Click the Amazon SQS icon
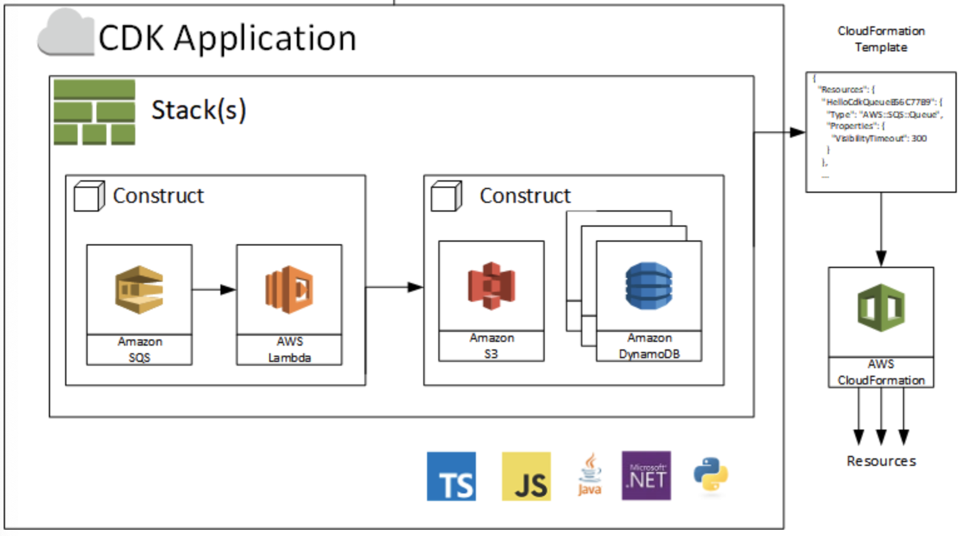(x=139, y=289)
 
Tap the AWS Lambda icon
(x=289, y=289)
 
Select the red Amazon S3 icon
(x=492, y=286)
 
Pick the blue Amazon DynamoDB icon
(x=649, y=286)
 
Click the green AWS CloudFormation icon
(x=881, y=307)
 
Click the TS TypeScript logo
(x=451, y=477)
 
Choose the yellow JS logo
(x=526, y=477)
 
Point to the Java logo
(x=589, y=475)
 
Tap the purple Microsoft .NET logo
(x=646, y=476)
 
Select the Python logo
(x=711, y=475)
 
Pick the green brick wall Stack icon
(x=95, y=113)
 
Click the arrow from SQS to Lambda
(x=214, y=289)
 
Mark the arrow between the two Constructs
(x=394, y=287)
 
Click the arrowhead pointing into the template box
(x=797, y=132)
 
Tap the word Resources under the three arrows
(x=881, y=461)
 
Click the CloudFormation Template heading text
(x=881, y=39)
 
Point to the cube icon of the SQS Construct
(x=89, y=197)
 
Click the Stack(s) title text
(x=198, y=110)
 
